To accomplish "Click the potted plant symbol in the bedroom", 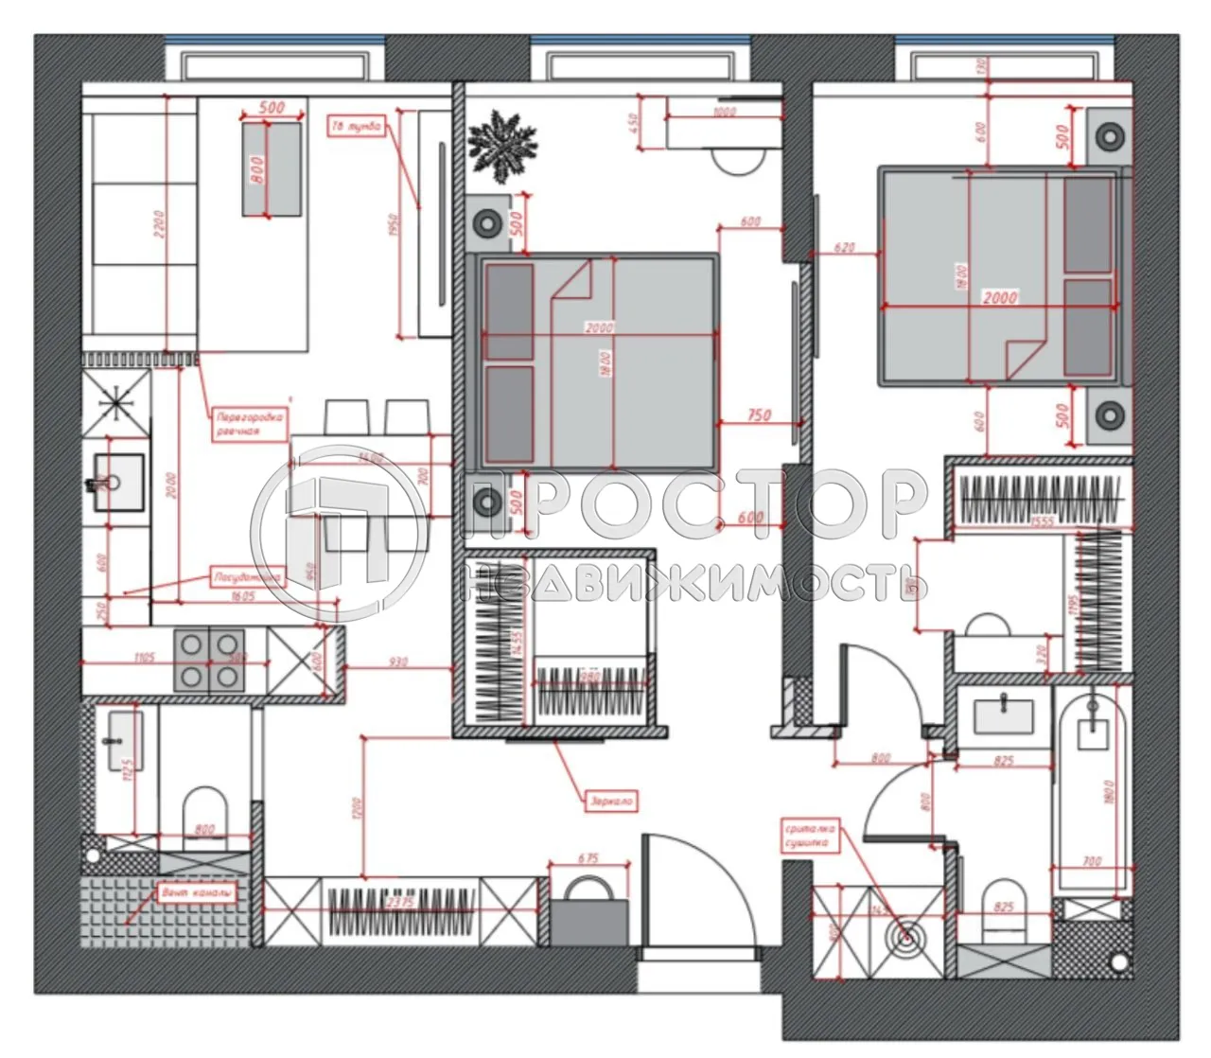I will [502, 144].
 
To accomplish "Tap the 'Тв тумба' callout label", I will [357, 126].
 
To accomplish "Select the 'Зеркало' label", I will [610, 801].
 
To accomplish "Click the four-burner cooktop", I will [208, 660].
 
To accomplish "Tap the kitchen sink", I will [118, 483].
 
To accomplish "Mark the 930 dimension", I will [398, 662].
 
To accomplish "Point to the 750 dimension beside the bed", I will [758, 414].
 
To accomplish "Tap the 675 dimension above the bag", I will [588, 859].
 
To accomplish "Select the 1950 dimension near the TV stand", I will [394, 224].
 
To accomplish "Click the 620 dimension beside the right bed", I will [844, 248].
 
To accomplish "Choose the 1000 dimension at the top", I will [725, 112].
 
